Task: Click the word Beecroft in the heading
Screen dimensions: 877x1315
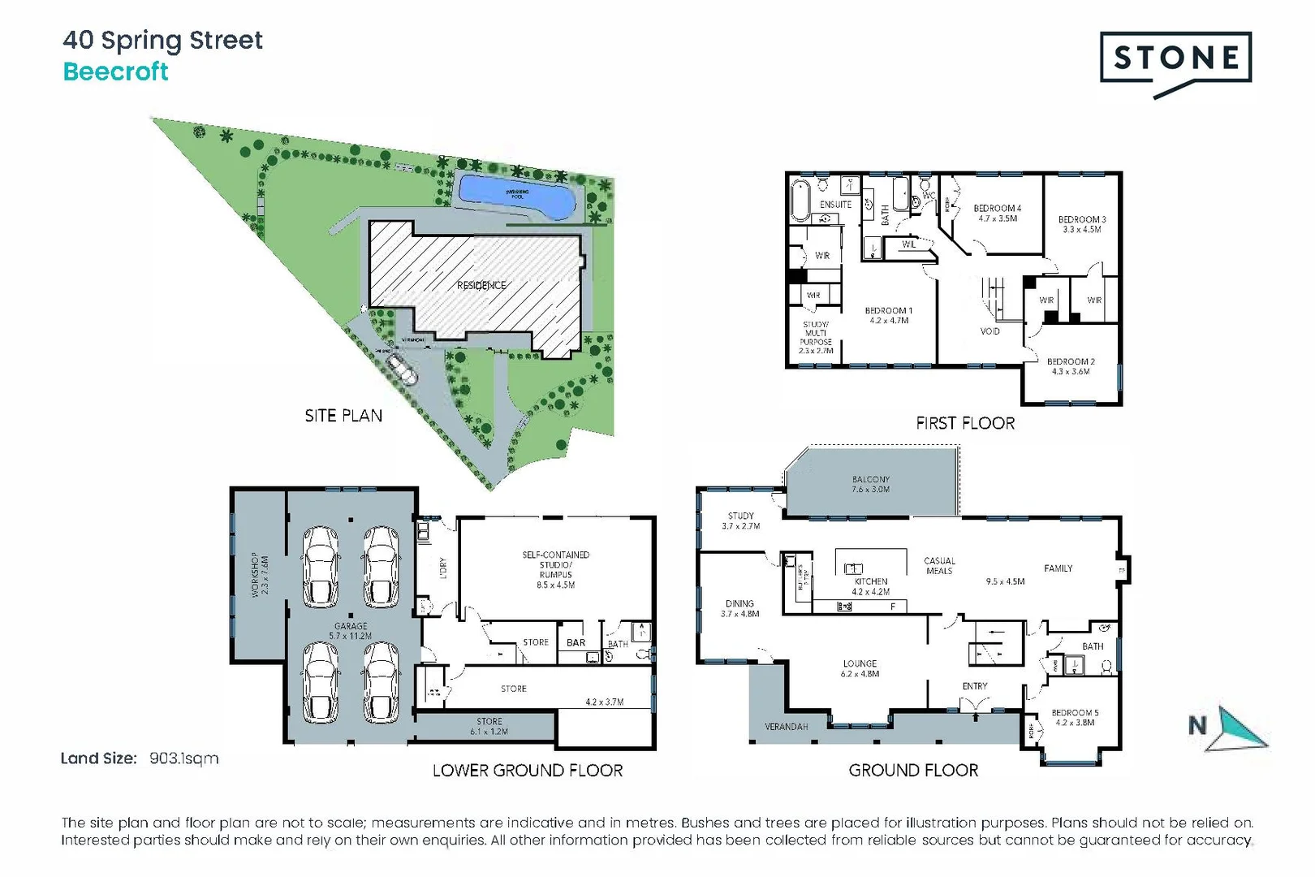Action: [115, 71]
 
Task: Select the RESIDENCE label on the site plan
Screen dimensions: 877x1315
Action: [481, 285]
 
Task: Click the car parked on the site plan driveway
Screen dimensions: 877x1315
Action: [402, 369]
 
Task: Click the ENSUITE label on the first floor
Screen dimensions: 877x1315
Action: [835, 205]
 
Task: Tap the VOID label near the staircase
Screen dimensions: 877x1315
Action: [989, 331]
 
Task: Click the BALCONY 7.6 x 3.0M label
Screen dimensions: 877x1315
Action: [870, 484]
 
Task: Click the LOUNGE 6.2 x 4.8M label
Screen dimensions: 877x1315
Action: [860, 668]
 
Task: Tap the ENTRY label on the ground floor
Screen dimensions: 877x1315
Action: [974, 686]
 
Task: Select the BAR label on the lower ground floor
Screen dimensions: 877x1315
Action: [576, 642]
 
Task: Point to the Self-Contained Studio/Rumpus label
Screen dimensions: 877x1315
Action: [555, 569]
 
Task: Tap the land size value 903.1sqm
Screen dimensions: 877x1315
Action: [183, 758]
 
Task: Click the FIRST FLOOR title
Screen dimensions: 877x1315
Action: [964, 423]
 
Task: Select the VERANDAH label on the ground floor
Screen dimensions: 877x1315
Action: [786, 727]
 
